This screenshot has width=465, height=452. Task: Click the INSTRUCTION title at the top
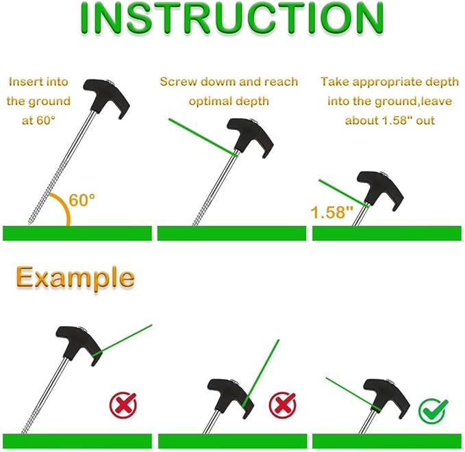pyautogui.click(x=231, y=18)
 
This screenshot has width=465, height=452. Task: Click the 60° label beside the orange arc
pyautogui.click(x=82, y=200)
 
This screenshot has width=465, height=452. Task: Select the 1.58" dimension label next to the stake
pyautogui.click(x=332, y=212)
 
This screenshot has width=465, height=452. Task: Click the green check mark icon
pyautogui.click(x=433, y=410)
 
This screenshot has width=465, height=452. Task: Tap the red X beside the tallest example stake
pyautogui.click(x=123, y=405)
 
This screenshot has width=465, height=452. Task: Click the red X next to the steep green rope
pyautogui.click(x=282, y=405)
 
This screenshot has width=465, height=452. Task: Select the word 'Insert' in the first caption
pyautogui.click(x=24, y=81)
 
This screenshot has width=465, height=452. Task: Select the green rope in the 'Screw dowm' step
pyautogui.click(x=203, y=137)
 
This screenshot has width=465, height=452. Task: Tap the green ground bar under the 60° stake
pyautogui.click(x=77, y=233)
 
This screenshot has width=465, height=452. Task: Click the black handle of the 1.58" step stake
pyautogui.click(x=380, y=190)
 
